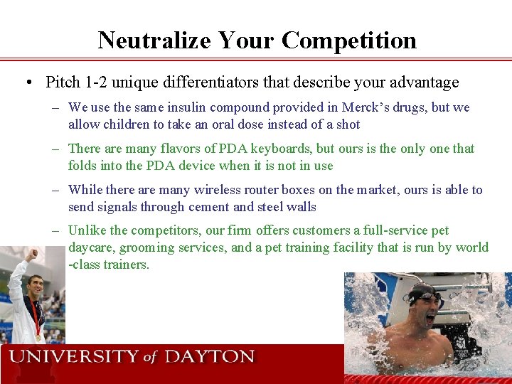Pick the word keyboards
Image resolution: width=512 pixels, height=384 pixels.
[292, 149]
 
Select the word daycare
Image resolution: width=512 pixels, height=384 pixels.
[90, 248]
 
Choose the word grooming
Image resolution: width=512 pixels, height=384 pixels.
[146, 248]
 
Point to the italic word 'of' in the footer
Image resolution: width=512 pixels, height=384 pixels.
[149, 358]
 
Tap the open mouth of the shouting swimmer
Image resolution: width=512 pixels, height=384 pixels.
[429, 318]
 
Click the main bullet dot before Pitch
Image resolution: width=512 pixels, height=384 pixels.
[26, 83]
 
